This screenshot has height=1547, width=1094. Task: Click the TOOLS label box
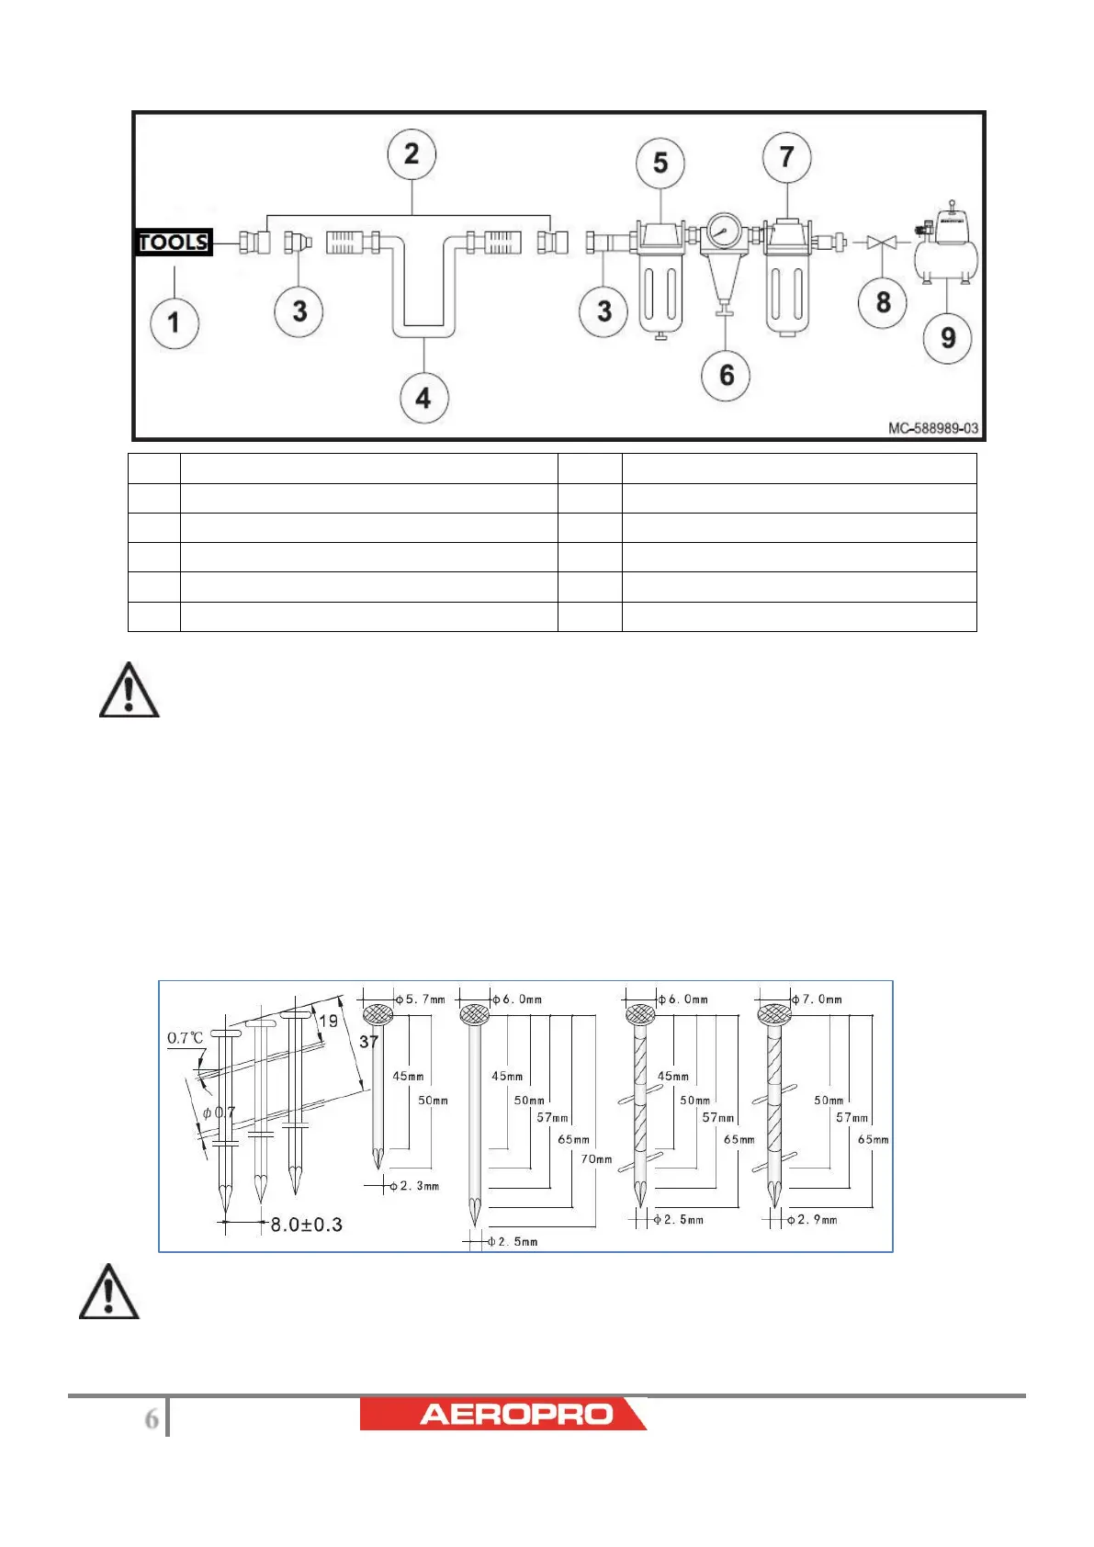point(174,243)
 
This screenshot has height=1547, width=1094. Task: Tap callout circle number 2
point(412,154)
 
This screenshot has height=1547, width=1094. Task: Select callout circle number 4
point(423,399)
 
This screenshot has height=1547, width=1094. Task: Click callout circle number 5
point(660,164)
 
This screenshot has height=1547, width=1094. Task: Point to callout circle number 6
point(727,375)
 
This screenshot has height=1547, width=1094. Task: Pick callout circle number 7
point(786,158)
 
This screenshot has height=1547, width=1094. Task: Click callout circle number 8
point(883,302)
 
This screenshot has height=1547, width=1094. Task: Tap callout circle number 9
point(948,338)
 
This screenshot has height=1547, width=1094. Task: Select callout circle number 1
point(174,323)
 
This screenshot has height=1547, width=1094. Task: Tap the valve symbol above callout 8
point(882,243)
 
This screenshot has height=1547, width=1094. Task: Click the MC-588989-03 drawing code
point(932,428)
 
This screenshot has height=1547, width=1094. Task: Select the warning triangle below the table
point(130,691)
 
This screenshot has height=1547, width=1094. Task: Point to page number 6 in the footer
point(152,1419)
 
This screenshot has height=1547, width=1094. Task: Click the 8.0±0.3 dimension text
point(306,1225)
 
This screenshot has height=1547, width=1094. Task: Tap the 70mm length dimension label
point(596,1159)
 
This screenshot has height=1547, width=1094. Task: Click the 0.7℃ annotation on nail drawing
point(185,1038)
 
